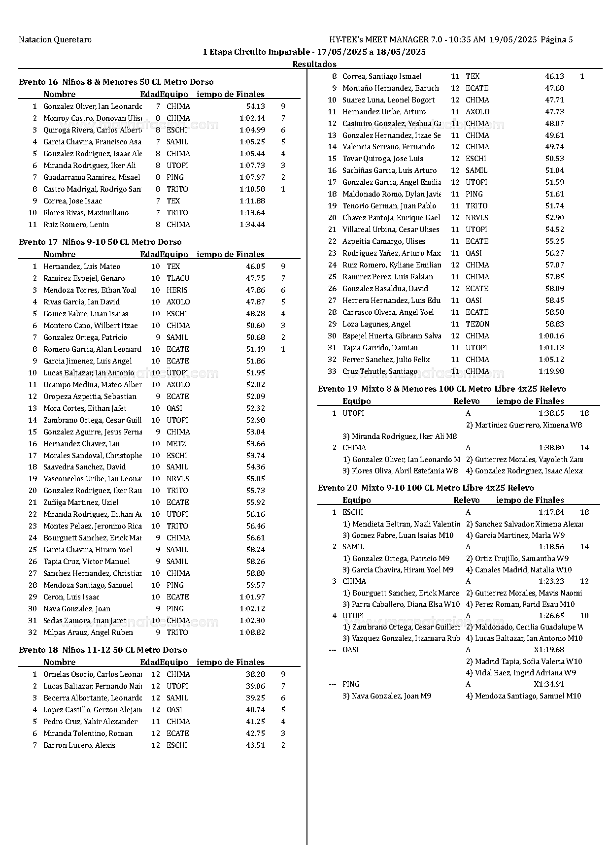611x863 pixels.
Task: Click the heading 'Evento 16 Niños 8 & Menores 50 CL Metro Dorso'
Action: point(116,82)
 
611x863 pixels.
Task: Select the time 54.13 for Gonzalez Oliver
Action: point(255,106)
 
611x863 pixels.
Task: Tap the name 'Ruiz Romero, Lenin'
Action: point(76,225)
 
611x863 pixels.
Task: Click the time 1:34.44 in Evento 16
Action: point(252,225)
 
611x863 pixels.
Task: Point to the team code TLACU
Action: point(178,278)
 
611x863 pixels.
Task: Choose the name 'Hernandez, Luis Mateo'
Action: point(82,266)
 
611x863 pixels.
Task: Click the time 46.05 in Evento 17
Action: point(255,266)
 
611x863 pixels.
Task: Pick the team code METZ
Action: point(176,444)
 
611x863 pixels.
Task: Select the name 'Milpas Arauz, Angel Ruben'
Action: point(88,632)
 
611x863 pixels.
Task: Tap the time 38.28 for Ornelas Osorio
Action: point(255,674)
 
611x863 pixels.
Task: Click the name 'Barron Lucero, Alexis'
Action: point(79,745)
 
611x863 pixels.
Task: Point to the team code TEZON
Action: point(477,324)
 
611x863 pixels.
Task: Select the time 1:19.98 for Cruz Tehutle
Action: point(551,371)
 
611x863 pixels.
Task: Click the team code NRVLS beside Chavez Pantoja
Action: point(477,218)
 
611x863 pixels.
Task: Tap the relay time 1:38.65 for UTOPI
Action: point(551,413)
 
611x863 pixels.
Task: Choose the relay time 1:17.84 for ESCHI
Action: point(551,512)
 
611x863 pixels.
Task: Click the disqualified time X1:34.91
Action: point(549,684)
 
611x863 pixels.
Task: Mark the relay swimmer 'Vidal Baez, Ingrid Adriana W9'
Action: point(521,673)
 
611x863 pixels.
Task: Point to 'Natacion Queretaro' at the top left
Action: point(55,40)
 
